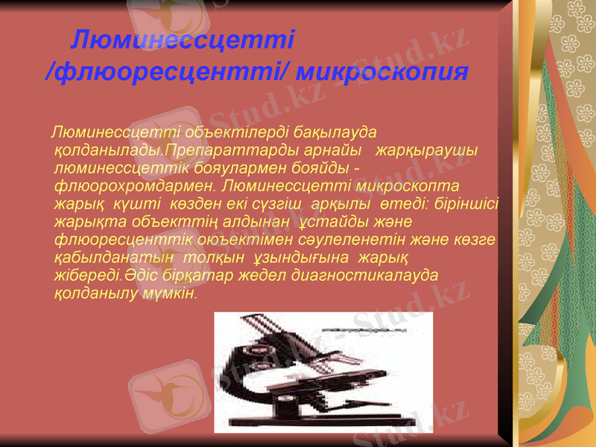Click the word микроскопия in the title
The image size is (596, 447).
(381, 72)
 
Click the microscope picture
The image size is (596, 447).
(323, 372)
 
